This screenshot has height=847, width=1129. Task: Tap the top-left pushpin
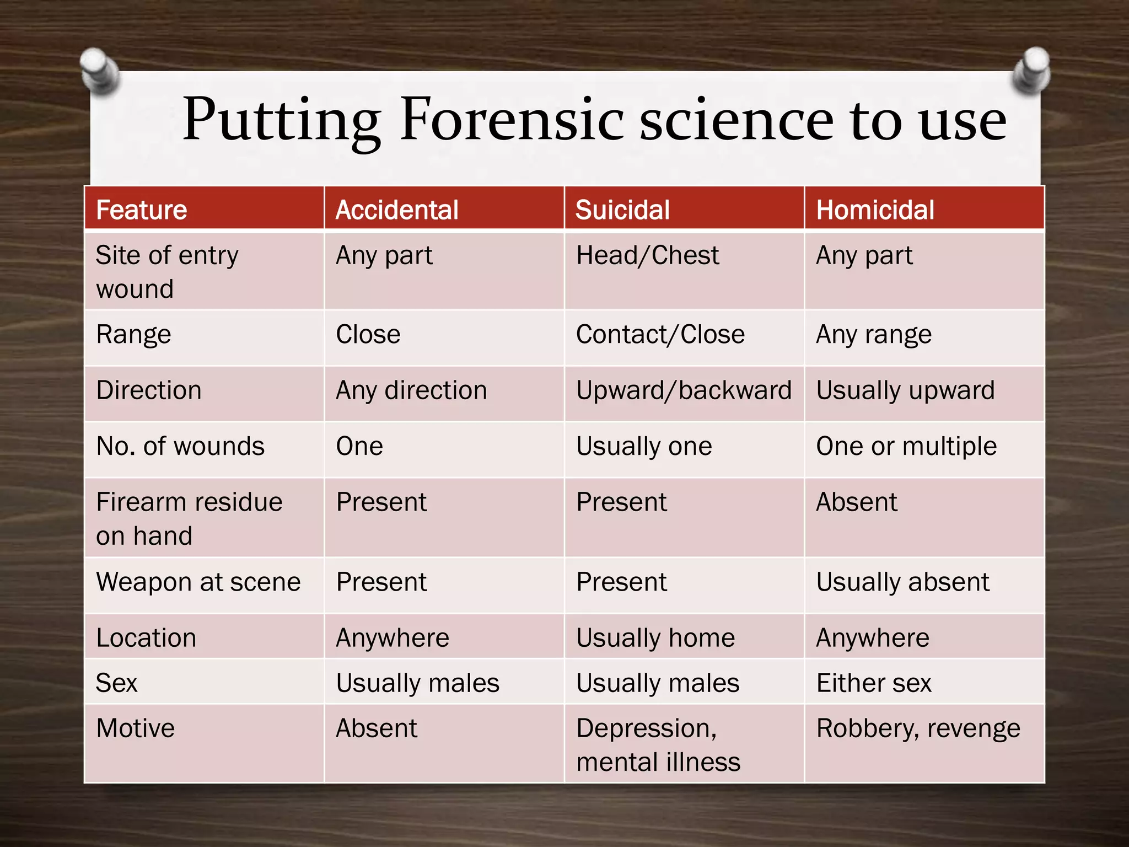point(99,71)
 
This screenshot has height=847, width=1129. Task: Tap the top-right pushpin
point(1031,71)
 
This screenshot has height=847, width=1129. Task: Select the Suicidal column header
point(622,210)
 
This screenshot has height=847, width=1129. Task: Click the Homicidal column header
point(875,210)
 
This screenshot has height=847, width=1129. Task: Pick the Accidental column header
point(397,210)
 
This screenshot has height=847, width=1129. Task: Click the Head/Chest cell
point(647,255)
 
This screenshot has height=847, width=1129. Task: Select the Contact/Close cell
point(660,334)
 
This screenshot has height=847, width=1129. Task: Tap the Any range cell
point(874,334)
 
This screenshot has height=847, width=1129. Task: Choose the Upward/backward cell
point(684,390)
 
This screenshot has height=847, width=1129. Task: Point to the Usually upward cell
point(905,390)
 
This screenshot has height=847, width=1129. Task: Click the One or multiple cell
point(906,446)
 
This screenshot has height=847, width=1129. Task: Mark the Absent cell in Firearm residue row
point(857,502)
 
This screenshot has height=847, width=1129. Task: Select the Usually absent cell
point(902,582)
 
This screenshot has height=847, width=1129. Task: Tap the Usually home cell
point(655,638)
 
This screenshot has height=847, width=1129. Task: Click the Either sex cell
point(874,683)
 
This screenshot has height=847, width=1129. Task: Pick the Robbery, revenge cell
point(918,728)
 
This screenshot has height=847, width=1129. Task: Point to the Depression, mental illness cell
point(658,744)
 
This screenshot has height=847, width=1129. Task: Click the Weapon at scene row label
point(198,582)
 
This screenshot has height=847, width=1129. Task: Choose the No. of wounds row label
point(180,446)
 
